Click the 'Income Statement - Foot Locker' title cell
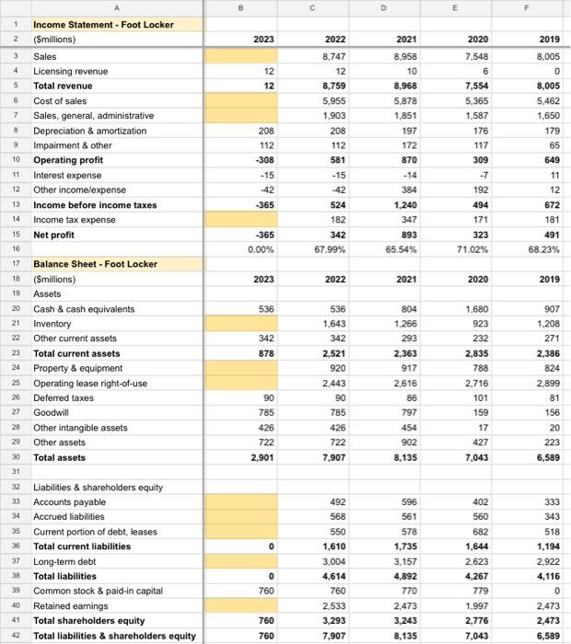click(x=103, y=25)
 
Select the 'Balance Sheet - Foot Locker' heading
click(x=95, y=264)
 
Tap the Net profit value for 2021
click(x=408, y=235)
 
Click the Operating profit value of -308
click(x=262, y=160)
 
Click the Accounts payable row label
click(x=71, y=502)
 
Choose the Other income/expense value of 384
click(x=410, y=190)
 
